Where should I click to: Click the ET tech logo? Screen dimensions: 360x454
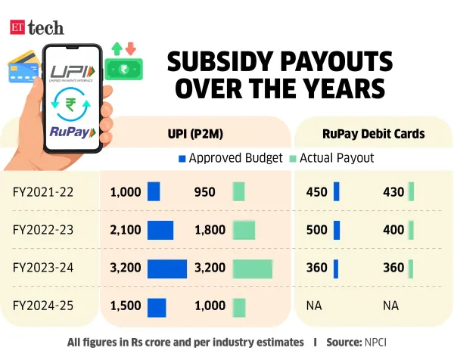click(37, 27)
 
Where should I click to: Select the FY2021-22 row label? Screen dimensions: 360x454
click(43, 192)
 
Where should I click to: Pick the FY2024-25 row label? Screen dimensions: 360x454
click(43, 306)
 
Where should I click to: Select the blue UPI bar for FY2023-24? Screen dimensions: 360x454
click(167, 268)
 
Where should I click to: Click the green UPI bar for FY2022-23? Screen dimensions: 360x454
click(244, 230)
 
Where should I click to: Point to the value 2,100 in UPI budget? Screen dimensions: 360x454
click(126, 230)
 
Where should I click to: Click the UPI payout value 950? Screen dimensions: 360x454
click(205, 192)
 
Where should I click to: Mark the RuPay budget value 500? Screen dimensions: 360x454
click(316, 230)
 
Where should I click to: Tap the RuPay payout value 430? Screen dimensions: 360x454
click(393, 192)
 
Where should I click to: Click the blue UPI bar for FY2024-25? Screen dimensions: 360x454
click(157, 306)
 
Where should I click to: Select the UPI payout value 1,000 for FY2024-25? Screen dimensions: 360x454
click(210, 306)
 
